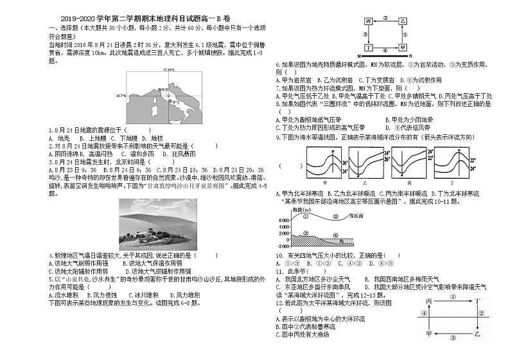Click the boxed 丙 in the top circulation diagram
(369, 21)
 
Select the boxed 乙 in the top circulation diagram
(403, 21)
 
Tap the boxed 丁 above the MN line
(369, 48)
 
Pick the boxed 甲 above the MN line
(403, 48)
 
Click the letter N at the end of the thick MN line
(409, 57)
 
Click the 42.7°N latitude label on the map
(120, 95)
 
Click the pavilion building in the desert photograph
(150, 231)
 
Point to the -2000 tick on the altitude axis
(284, 246)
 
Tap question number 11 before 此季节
(279, 271)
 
